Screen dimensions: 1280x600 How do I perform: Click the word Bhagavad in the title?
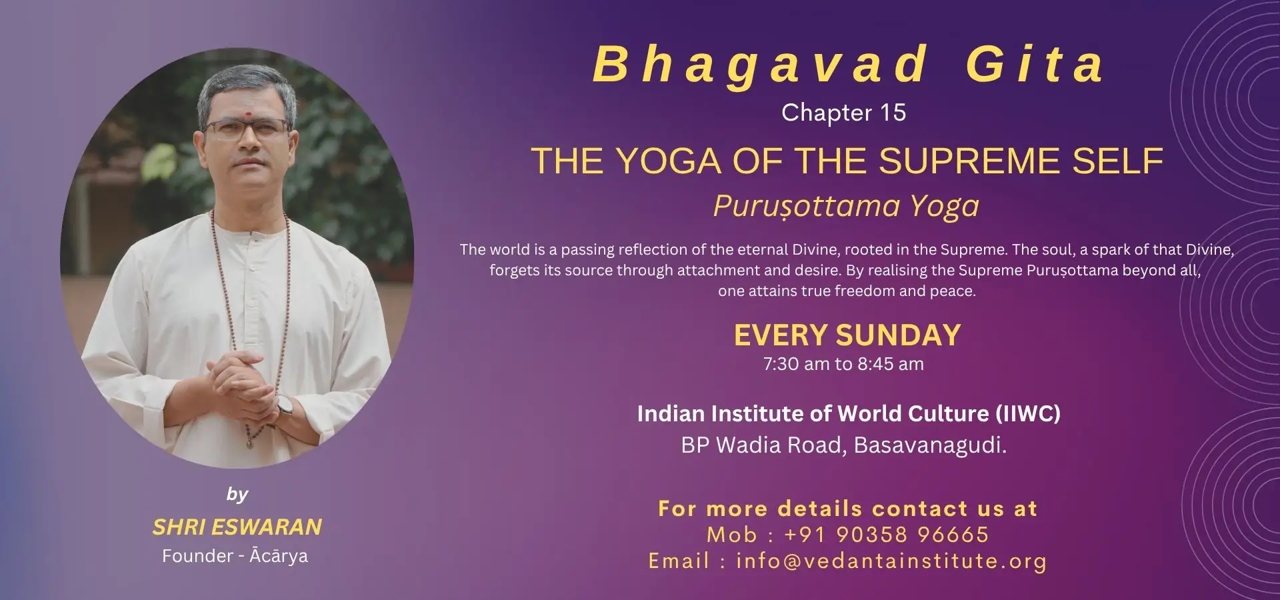tap(760, 65)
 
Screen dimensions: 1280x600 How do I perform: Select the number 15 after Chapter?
tap(892, 113)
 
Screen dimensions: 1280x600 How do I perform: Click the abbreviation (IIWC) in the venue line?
tap(1028, 414)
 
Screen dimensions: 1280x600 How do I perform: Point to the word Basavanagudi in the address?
tap(930, 445)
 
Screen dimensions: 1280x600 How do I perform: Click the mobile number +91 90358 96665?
tap(887, 535)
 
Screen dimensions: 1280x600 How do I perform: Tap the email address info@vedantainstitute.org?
tap(891, 561)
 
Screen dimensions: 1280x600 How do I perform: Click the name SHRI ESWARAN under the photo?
tap(237, 527)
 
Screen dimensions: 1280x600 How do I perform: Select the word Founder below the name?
tap(197, 555)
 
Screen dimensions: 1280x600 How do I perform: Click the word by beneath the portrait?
tap(237, 494)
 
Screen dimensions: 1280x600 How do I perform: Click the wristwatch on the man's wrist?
tap(285, 405)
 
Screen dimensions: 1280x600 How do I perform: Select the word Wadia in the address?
tap(749, 445)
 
